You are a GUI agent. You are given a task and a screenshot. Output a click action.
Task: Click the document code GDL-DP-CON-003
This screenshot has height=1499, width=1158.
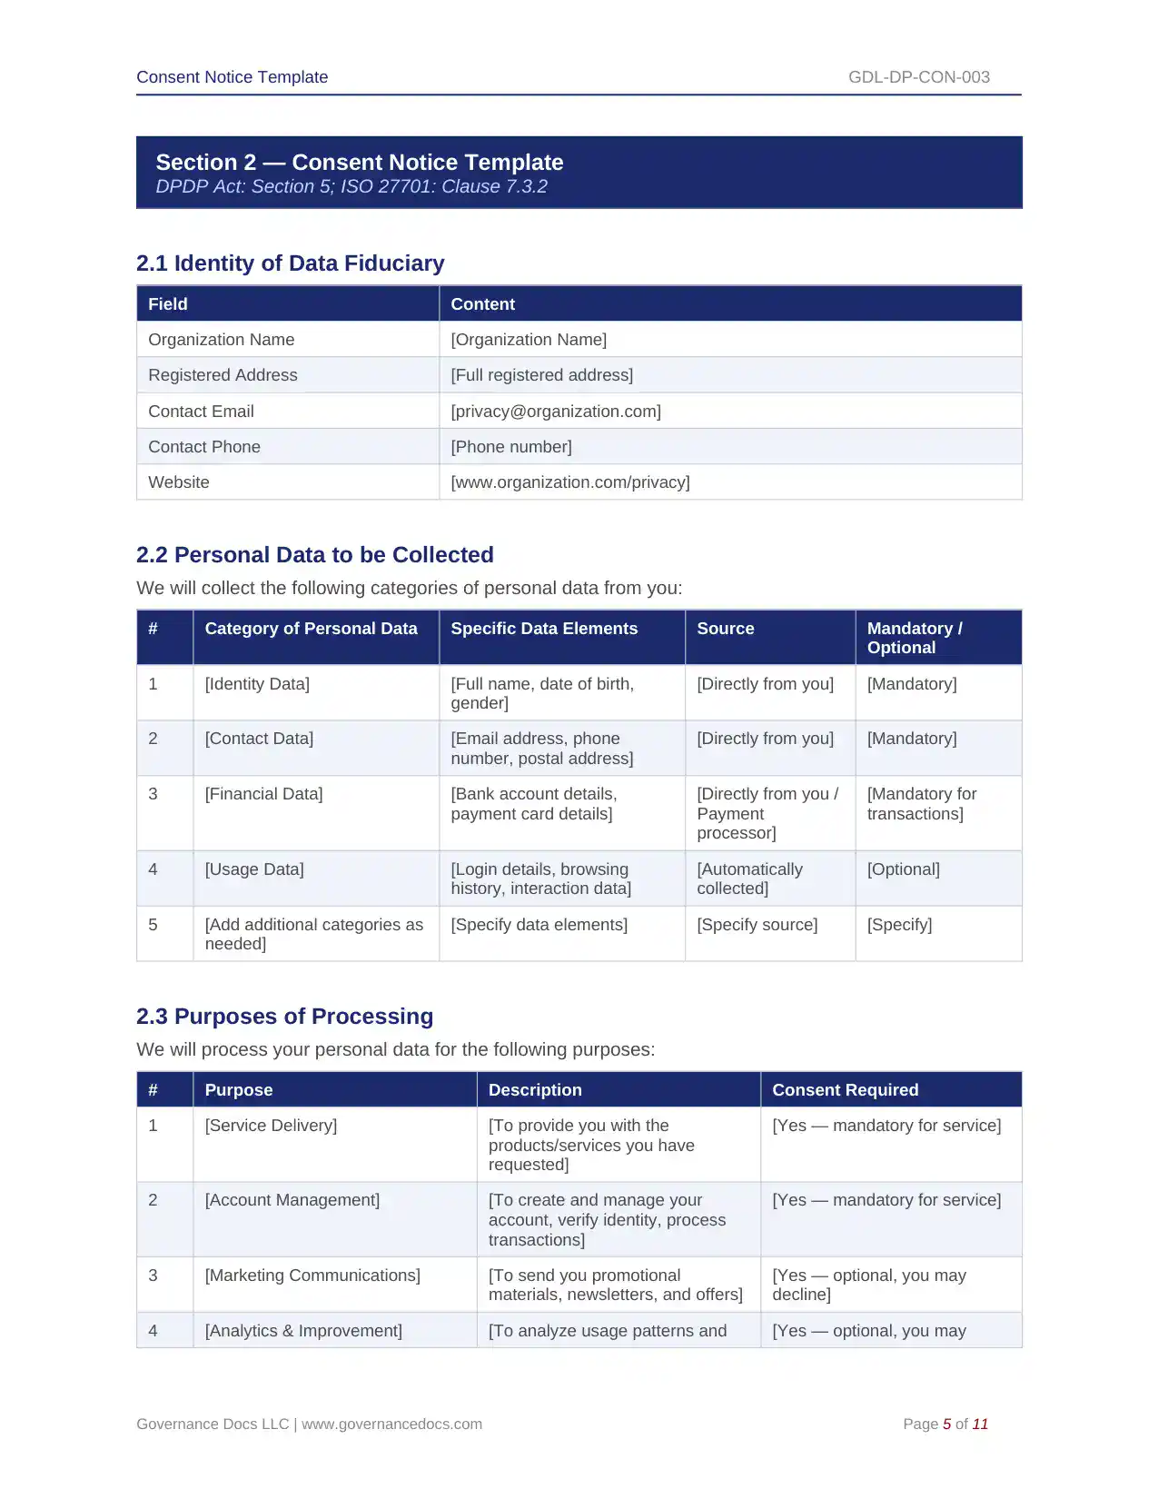(x=918, y=77)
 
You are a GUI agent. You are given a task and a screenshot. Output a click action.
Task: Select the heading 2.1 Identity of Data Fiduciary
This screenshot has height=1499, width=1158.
(x=290, y=263)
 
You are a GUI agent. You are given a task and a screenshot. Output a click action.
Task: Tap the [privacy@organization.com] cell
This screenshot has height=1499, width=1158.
(x=555, y=412)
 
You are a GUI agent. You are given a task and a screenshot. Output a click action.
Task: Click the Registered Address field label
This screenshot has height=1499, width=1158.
(x=223, y=375)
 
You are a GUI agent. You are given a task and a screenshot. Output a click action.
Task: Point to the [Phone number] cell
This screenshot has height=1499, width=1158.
(x=510, y=447)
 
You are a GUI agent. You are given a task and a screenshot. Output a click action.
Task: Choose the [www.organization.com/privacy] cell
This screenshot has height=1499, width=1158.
(x=569, y=482)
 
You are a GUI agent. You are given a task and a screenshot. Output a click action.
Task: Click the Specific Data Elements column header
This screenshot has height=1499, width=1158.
(x=543, y=629)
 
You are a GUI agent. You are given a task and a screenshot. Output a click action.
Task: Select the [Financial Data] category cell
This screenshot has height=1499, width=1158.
(x=263, y=794)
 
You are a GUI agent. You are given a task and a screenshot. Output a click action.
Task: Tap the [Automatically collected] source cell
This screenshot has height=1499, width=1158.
(x=749, y=879)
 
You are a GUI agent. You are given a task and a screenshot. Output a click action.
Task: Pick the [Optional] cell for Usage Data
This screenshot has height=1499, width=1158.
(x=903, y=869)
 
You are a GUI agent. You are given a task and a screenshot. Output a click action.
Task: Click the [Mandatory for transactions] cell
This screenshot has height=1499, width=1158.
(x=921, y=804)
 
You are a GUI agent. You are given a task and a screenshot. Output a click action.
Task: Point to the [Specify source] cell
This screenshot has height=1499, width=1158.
(x=757, y=925)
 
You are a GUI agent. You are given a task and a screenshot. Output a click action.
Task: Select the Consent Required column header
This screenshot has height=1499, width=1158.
(x=845, y=1090)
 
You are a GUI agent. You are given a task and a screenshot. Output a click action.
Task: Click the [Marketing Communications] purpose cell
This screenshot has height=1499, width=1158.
(x=312, y=1276)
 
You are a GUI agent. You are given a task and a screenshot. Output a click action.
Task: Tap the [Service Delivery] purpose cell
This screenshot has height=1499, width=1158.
(x=271, y=1126)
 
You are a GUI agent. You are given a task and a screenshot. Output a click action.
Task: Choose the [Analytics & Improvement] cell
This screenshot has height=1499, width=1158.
(x=303, y=1331)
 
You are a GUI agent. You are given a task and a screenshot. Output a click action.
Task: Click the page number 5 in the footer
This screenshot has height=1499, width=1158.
(x=946, y=1425)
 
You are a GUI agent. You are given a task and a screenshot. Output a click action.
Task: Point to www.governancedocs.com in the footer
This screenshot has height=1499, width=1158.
(x=391, y=1425)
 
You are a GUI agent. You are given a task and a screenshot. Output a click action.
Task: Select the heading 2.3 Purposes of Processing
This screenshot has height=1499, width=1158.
(x=284, y=1017)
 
